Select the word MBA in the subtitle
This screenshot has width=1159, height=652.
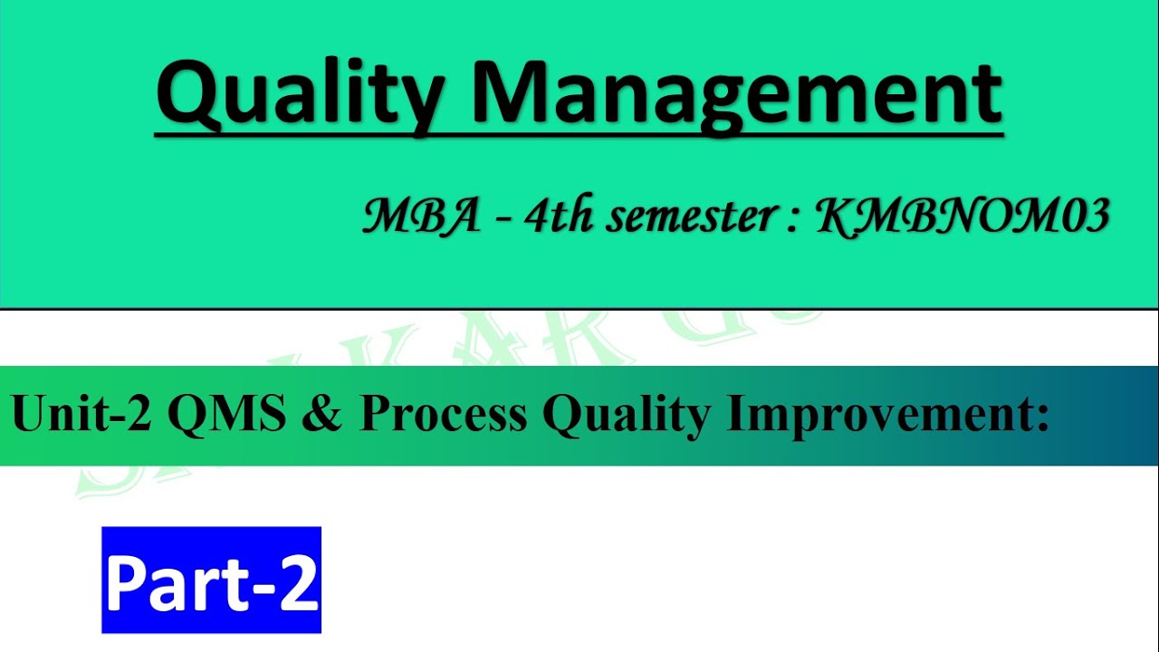pos(422,218)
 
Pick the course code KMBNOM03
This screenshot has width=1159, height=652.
pos(963,218)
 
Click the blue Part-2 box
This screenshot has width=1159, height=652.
pos(211,580)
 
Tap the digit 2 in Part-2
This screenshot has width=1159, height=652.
pos(298,582)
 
